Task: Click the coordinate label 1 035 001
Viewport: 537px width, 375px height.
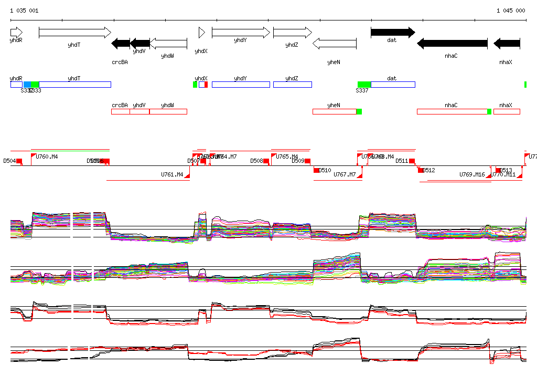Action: [x=24, y=11]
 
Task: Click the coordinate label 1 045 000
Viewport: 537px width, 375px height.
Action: [x=511, y=11]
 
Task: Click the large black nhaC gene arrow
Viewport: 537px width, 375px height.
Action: [x=452, y=43]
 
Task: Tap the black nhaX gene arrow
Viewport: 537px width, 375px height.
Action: [x=507, y=43]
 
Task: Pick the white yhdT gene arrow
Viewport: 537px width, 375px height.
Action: [x=75, y=33]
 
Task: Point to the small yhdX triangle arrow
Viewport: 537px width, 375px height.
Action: [x=201, y=33]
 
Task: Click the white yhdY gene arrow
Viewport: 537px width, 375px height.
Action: [x=240, y=33]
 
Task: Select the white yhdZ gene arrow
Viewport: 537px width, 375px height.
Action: [x=292, y=33]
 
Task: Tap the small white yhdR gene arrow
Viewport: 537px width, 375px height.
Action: [x=16, y=33]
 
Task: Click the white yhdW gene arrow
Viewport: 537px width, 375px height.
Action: [x=168, y=43]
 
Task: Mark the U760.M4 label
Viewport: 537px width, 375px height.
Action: [x=47, y=157]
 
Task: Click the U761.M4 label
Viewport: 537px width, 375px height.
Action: [x=171, y=174]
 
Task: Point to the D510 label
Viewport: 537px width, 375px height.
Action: [x=325, y=171]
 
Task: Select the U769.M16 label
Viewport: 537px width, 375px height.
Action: [x=472, y=174]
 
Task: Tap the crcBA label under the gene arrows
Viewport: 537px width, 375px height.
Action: [x=120, y=62]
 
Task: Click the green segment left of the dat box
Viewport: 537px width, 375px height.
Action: [x=364, y=85]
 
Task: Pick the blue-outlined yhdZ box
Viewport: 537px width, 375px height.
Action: [x=292, y=85]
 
